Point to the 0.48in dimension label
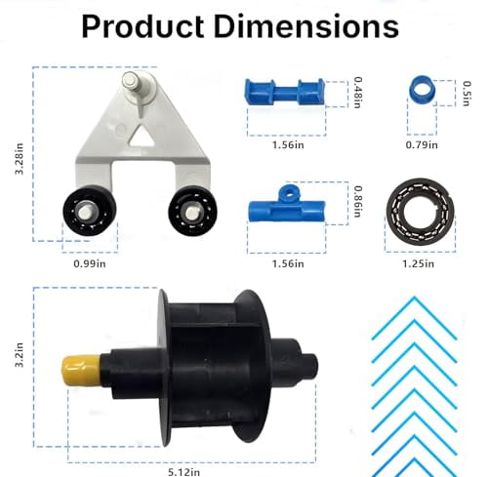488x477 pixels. tap(360, 93)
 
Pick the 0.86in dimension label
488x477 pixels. tap(360, 202)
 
